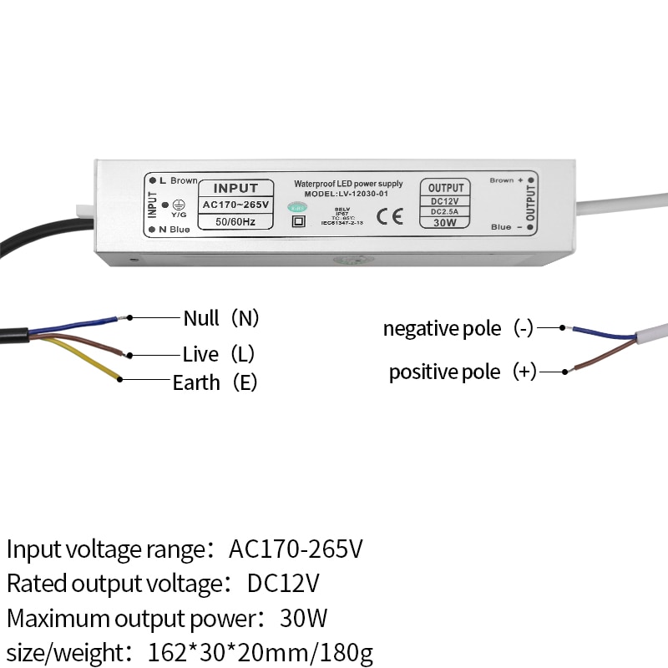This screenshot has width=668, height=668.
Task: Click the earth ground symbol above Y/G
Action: (x=178, y=204)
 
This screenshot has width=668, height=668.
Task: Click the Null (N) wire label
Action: (x=221, y=318)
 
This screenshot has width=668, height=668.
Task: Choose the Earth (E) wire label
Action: (x=215, y=382)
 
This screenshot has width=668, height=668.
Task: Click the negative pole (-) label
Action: (x=458, y=328)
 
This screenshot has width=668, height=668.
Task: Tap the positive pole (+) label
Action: (x=463, y=372)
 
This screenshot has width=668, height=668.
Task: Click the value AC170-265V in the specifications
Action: (x=296, y=549)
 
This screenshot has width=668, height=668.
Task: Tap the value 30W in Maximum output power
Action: (x=303, y=619)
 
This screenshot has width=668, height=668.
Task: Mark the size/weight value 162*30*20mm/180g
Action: (x=260, y=652)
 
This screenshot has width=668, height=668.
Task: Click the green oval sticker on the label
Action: (x=297, y=205)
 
